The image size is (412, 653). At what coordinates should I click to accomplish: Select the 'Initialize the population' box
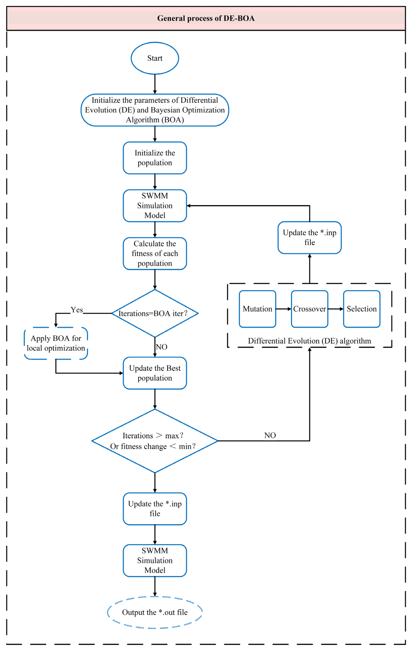click(x=155, y=158)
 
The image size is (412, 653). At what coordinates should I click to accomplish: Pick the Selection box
click(x=362, y=309)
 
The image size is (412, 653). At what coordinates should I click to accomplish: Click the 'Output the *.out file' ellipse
click(x=155, y=612)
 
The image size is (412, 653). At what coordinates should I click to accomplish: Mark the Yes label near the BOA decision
click(x=77, y=310)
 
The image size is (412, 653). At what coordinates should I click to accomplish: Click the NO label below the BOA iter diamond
click(x=161, y=347)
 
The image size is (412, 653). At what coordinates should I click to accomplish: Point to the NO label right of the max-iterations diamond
click(x=270, y=435)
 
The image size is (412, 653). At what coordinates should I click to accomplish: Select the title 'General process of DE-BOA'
click(x=206, y=18)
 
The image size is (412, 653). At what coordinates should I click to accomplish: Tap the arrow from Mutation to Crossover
click(x=283, y=309)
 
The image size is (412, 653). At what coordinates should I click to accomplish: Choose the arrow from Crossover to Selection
click(x=336, y=309)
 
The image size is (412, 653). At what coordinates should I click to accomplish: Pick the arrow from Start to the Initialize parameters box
click(x=155, y=84)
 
